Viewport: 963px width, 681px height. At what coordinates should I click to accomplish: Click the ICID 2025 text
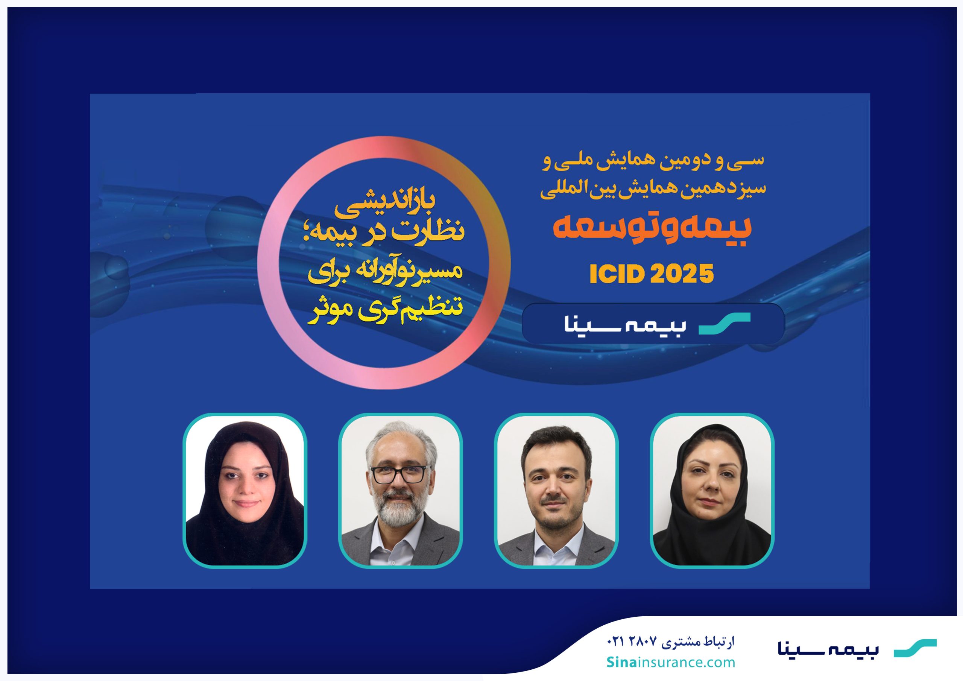(x=652, y=274)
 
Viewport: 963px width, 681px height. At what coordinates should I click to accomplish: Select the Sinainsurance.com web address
(x=671, y=662)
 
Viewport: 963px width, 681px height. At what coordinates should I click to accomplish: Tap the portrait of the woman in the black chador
(x=245, y=491)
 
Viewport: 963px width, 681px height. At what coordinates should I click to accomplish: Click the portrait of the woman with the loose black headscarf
(x=712, y=491)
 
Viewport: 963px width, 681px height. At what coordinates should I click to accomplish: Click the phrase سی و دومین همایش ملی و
(x=653, y=161)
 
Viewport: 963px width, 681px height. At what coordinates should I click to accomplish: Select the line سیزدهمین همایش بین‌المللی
(x=653, y=188)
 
